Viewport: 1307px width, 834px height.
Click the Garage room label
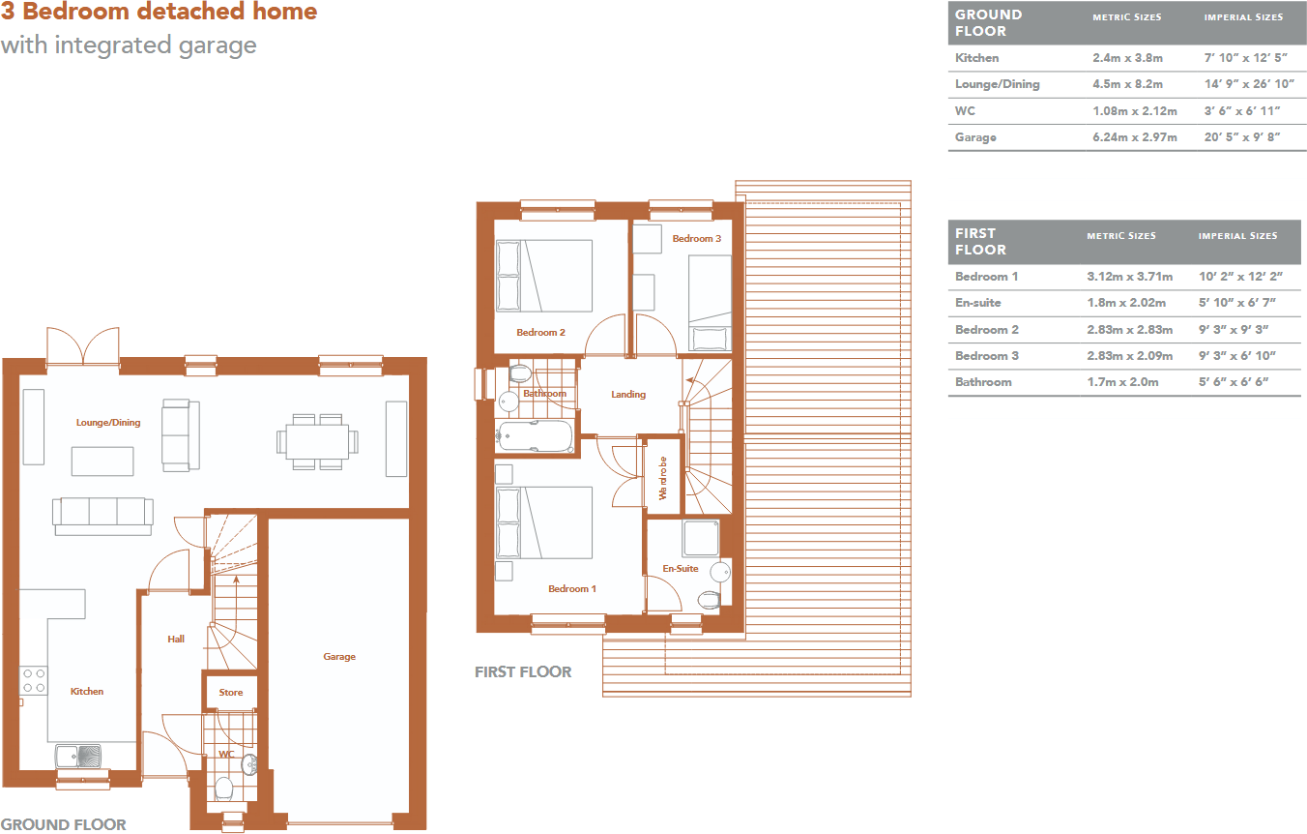point(339,657)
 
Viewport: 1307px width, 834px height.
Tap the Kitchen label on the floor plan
point(87,692)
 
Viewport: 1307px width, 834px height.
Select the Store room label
point(231,693)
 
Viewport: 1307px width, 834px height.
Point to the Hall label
point(176,640)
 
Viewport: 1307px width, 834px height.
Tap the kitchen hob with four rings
point(34,680)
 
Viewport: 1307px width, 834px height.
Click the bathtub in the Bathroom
point(535,436)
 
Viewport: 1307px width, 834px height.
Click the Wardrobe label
point(663,478)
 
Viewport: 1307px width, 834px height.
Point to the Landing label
point(628,395)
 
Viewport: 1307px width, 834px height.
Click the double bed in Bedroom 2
point(544,276)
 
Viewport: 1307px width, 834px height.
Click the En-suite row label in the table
point(978,303)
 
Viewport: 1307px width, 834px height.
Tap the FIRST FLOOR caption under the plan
point(523,671)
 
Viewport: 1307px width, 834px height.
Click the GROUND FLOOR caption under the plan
point(64,824)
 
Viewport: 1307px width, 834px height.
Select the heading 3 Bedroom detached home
point(159,13)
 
